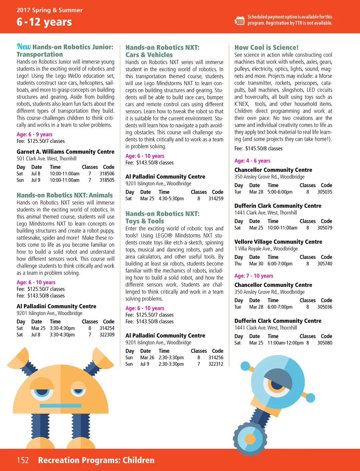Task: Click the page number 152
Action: point(22,460)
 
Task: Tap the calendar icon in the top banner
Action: point(239,20)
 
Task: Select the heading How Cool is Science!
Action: point(266,47)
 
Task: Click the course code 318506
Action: point(107,173)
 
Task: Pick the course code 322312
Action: point(216,364)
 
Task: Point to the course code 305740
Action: point(325,263)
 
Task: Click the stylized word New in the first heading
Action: point(24,46)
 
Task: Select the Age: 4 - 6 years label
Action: point(252,161)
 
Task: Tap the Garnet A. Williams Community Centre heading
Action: point(65,152)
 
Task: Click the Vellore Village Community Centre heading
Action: point(278,242)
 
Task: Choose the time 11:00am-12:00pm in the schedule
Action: point(285,343)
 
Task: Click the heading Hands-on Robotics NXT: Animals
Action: point(65,195)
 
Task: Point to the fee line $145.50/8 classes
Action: point(258,148)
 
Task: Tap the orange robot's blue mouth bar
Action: point(60,406)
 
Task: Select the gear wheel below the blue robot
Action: point(250,439)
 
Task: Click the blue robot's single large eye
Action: point(277,384)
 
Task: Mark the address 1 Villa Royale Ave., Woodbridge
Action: point(266,249)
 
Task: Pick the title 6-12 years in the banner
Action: point(44,22)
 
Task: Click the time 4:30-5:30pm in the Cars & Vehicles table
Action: point(171,198)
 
